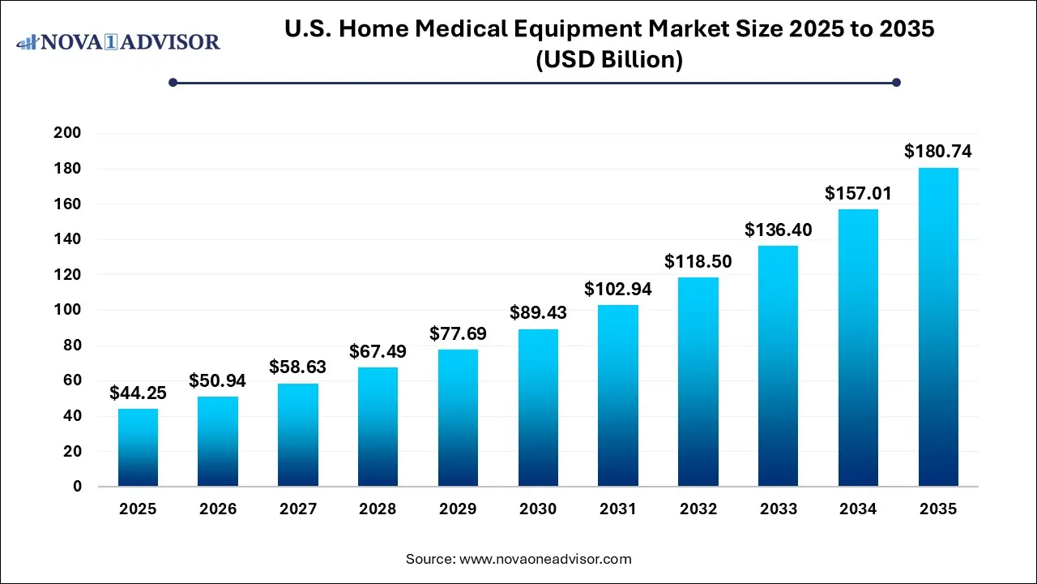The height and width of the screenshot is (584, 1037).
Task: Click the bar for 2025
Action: [x=138, y=448]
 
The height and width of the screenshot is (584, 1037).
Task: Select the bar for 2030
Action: [x=538, y=408]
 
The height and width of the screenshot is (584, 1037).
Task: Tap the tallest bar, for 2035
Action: [x=938, y=327]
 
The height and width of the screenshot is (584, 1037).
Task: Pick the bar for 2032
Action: [x=698, y=382]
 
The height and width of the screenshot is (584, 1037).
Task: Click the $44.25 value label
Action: [x=138, y=393]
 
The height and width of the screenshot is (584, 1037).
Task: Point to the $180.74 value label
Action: [x=938, y=152]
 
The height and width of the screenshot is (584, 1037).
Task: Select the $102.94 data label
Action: [x=618, y=289]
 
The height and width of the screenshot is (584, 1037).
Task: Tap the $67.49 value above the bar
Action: [x=378, y=352]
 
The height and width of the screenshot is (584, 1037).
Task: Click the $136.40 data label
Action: [x=778, y=230]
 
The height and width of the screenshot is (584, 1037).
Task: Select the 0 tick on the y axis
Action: [x=78, y=487]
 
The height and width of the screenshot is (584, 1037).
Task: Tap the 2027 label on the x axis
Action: [x=298, y=509]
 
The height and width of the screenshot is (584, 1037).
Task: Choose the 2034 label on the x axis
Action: [x=858, y=509]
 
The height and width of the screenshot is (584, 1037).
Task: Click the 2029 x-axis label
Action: [x=458, y=509]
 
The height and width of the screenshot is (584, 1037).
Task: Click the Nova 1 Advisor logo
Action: [x=118, y=41]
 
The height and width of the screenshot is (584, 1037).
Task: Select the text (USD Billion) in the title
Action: [x=608, y=59]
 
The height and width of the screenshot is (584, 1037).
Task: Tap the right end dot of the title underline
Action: [x=896, y=82]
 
